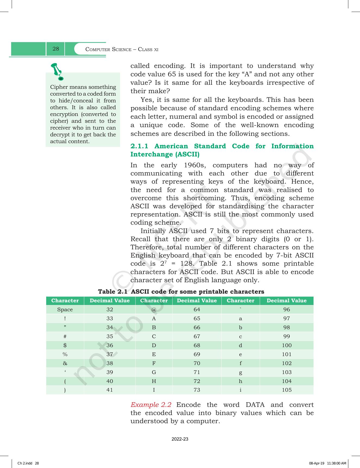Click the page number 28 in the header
coord(56,49)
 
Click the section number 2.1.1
coord(139,146)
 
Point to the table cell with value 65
coord(197,318)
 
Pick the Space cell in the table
coord(65,310)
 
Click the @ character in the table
coord(154,310)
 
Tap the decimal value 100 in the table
coord(287,345)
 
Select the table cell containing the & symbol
coord(65,363)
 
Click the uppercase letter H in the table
coord(154,381)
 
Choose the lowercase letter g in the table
coord(240,372)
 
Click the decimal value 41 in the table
coord(109,390)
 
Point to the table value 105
coord(287,390)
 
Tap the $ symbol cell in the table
coord(65,345)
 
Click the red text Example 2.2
coord(151,405)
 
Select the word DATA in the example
coord(255,405)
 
